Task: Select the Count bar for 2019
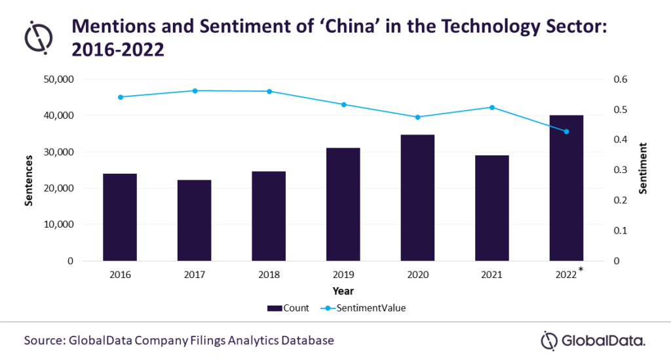(x=343, y=204)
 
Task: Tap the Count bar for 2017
(x=195, y=220)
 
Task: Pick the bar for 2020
(x=418, y=197)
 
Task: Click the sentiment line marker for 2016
(x=121, y=97)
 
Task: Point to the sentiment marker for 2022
(x=567, y=132)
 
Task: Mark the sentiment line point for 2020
(x=418, y=117)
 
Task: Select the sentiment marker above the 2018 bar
(x=269, y=91)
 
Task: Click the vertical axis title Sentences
(x=29, y=180)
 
